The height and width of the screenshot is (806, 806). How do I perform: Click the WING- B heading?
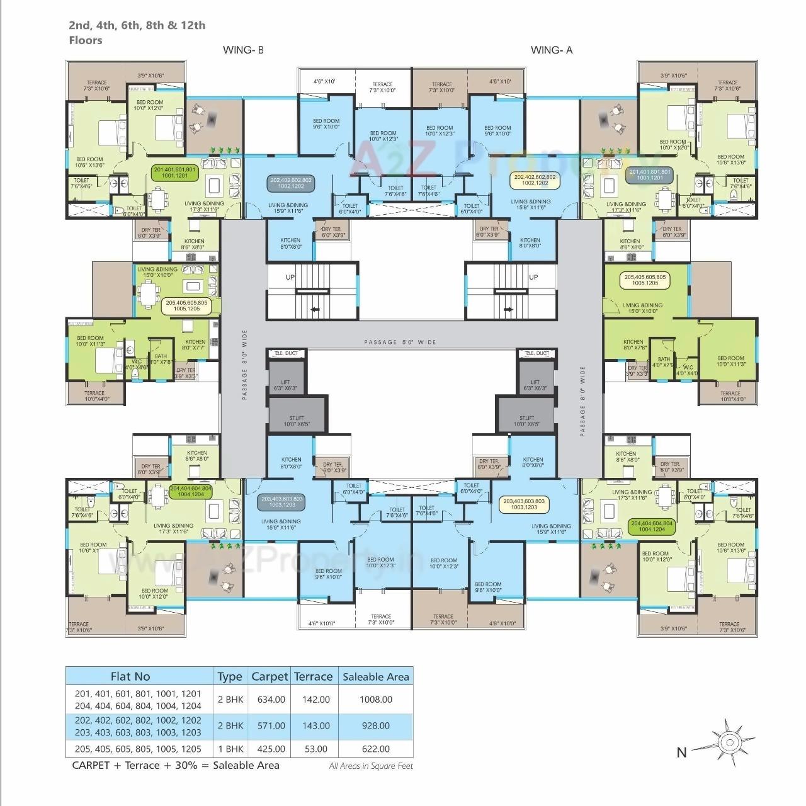tap(243, 50)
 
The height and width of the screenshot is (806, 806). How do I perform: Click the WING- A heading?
tap(552, 50)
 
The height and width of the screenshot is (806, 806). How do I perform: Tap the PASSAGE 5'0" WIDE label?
tap(400, 342)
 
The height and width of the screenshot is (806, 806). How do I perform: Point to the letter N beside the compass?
tap(681, 752)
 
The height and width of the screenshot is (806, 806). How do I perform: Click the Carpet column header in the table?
tap(270, 676)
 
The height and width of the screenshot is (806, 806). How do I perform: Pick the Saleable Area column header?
tap(375, 677)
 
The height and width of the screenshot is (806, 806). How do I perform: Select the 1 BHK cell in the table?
tap(230, 749)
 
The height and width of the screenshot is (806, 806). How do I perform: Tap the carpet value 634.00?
tap(271, 700)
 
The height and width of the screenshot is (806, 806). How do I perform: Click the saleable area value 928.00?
tap(375, 725)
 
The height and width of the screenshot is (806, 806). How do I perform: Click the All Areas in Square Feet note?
tap(371, 766)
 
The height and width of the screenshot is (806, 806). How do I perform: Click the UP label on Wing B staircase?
tap(290, 277)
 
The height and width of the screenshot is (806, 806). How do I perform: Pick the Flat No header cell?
tap(130, 676)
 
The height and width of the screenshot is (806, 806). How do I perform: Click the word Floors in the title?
tap(86, 40)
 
